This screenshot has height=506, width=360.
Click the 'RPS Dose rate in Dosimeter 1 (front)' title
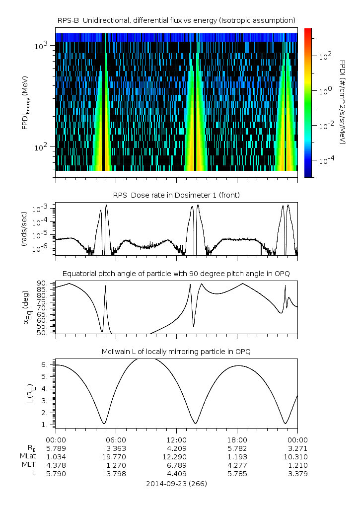(176, 195)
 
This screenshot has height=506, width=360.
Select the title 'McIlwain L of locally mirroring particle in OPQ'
(176, 352)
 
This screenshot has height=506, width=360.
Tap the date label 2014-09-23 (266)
(176, 483)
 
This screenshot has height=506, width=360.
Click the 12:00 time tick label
(176, 439)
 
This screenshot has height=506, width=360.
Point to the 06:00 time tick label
(116, 439)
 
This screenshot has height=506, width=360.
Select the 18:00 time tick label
(237, 439)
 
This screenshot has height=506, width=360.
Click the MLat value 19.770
(116, 456)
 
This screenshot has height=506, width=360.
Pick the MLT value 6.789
(176, 465)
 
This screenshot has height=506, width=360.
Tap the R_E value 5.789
(56, 448)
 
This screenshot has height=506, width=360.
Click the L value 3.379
(297, 473)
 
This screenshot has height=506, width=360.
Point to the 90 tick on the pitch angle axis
(42, 284)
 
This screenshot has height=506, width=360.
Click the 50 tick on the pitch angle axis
(42, 333)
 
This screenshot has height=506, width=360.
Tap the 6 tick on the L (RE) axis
(44, 364)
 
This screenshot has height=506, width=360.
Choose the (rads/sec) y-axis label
(24, 229)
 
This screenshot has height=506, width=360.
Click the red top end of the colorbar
(308, 31)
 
